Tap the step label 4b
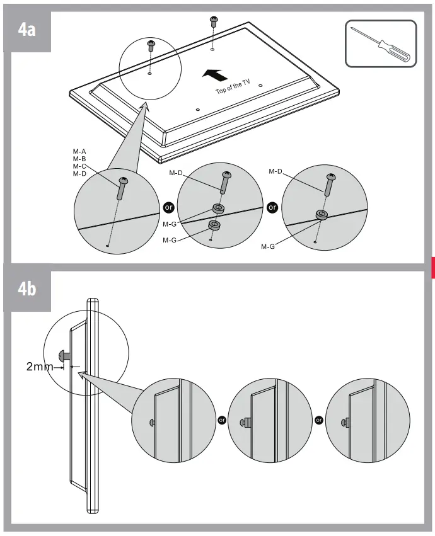tap(26, 289)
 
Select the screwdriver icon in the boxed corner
tap(381, 43)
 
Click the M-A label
tap(79, 152)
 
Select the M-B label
tap(79, 159)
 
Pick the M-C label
tap(79, 166)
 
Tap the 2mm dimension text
tap(40, 366)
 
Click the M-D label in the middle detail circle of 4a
tap(177, 173)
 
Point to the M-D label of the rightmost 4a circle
tap(276, 171)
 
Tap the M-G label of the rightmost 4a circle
tap(269, 247)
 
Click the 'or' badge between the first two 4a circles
tap(168, 207)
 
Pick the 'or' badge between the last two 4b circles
tap(319, 420)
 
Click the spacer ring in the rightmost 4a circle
tap(322, 215)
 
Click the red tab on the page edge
tap(432, 267)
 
